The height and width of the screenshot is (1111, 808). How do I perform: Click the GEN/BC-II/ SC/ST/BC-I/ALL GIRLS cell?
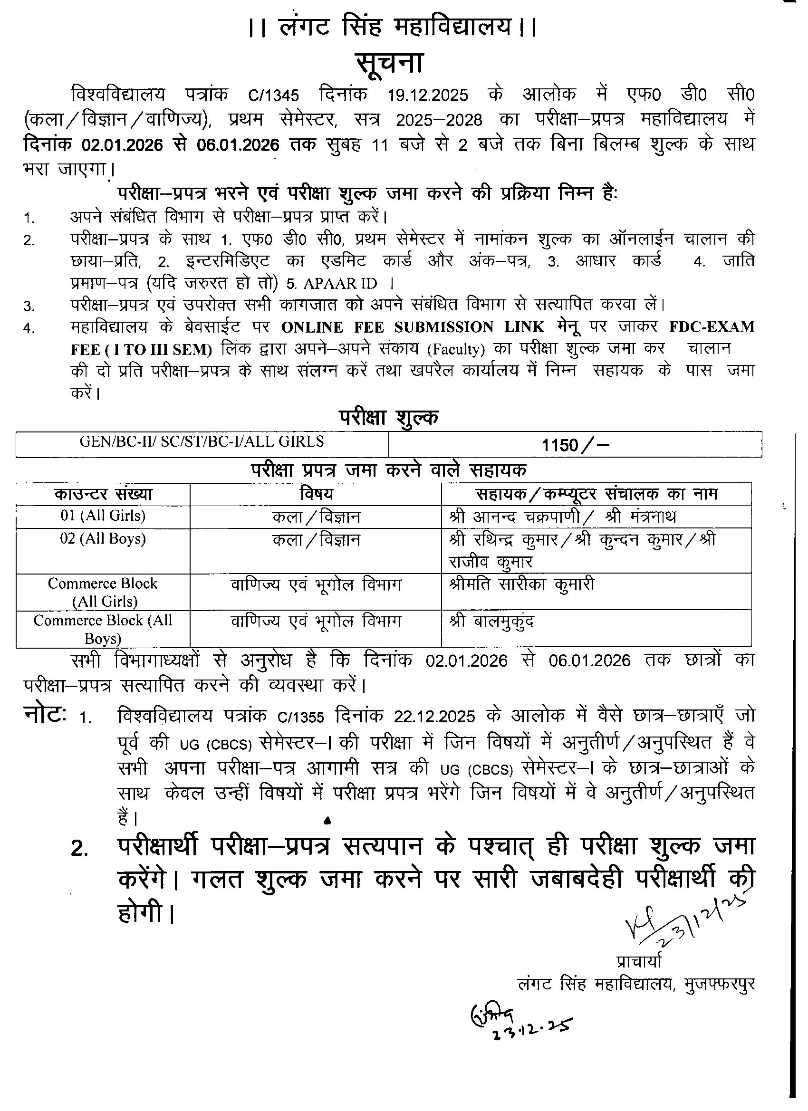[202, 442]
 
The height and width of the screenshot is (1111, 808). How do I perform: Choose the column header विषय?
[316, 494]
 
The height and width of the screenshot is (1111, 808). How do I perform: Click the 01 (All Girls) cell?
[103, 516]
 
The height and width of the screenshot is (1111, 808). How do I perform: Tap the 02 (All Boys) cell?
[103, 539]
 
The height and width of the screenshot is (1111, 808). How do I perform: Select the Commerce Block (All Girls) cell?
[103, 592]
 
